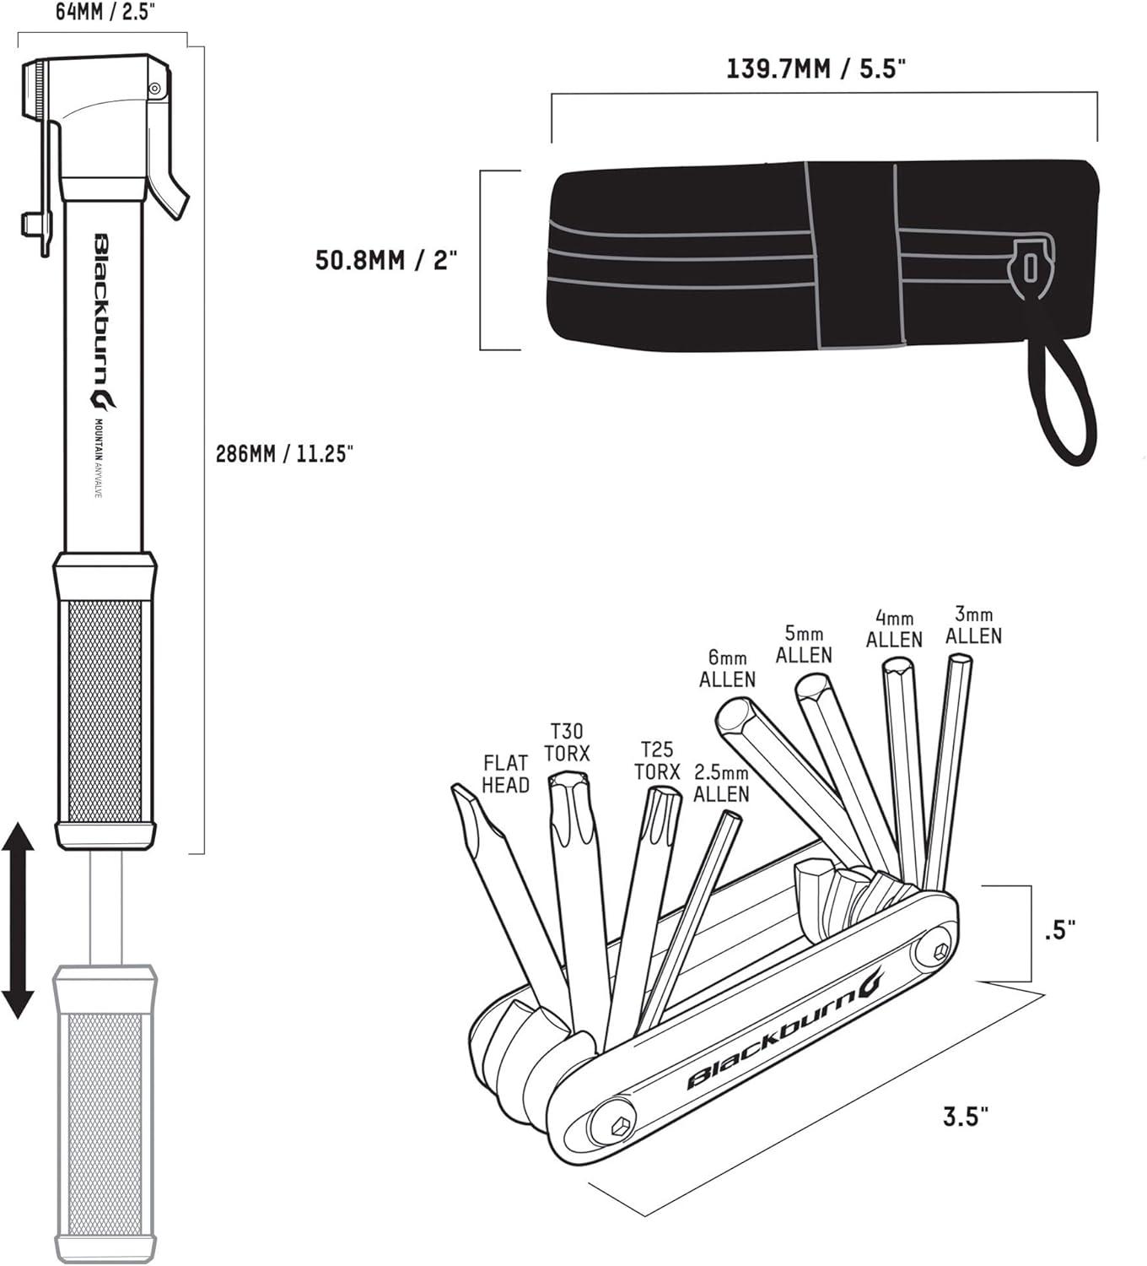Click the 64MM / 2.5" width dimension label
(105, 12)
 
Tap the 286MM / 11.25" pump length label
(284, 453)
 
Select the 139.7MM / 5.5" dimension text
(816, 68)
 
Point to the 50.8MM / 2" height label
(386, 259)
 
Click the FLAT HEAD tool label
(505, 774)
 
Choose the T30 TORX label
(568, 742)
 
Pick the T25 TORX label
(657, 760)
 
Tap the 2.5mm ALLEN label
(721, 783)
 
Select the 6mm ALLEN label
(728, 668)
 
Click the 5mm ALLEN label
(804, 644)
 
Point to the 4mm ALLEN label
(894, 629)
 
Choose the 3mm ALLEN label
(973, 625)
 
